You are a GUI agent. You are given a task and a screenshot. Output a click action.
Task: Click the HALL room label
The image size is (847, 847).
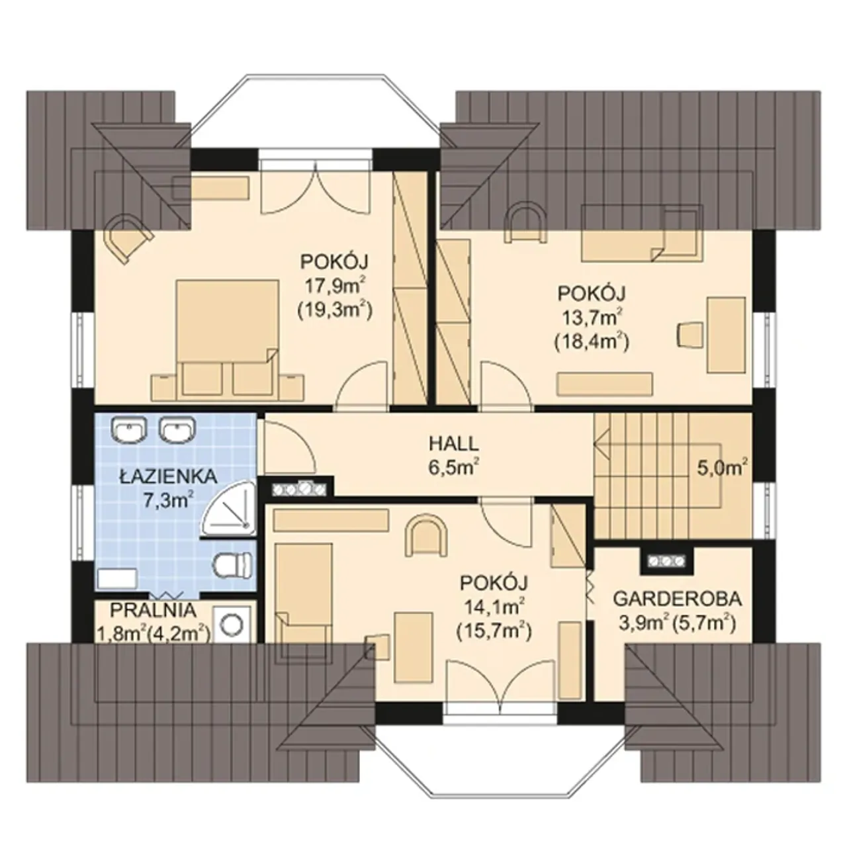click(454, 444)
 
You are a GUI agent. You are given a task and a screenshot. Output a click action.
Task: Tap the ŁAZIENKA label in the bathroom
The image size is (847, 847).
click(168, 476)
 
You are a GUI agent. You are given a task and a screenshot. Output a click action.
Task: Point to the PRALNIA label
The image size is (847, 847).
click(152, 610)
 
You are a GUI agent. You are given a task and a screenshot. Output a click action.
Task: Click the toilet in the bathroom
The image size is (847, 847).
click(233, 564)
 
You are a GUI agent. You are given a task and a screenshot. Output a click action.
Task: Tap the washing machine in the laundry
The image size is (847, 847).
click(232, 624)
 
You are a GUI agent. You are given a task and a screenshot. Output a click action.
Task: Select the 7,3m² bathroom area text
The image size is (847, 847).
click(168, 500)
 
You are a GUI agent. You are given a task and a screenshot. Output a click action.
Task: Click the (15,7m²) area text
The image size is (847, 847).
click(494, 632)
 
